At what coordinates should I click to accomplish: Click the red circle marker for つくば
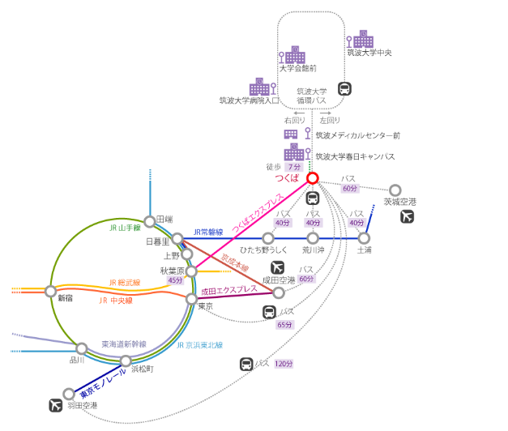313,178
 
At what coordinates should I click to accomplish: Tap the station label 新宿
65,298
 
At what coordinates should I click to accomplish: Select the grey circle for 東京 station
192,299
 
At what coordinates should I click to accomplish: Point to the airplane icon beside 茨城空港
407,216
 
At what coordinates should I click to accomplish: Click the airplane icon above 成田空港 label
277,266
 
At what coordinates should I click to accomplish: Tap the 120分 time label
284,364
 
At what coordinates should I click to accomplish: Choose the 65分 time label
284,325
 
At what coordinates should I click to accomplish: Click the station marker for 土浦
364,238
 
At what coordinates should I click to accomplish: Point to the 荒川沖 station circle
313,238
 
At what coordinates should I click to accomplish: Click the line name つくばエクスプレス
257,213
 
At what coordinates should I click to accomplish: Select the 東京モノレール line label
103,382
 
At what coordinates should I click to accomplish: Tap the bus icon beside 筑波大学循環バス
344,89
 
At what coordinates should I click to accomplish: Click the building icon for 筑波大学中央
364,38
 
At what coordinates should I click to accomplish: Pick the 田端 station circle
150,221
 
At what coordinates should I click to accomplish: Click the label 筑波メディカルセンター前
357,135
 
